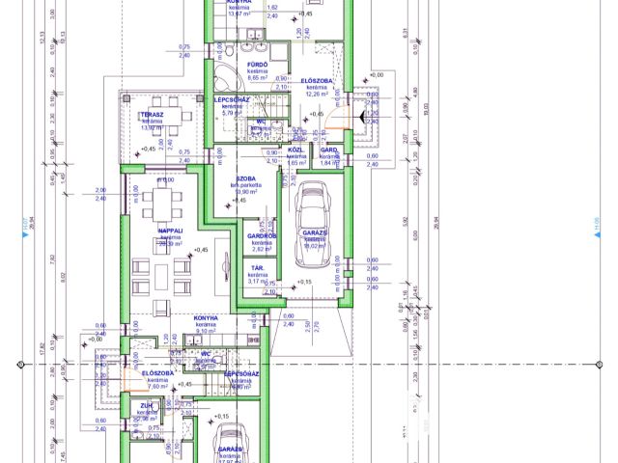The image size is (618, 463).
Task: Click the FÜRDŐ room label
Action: (x=257, y=64)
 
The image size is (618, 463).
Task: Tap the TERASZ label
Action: (x=151, y=114)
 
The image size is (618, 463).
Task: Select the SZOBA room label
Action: (x=246, y=178)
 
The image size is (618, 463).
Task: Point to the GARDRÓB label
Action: (x=263, y=234)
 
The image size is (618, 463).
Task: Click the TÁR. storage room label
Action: (x=258, y=267)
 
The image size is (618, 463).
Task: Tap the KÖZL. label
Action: (x=297, y=150)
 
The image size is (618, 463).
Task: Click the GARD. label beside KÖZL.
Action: (x=328, y=150)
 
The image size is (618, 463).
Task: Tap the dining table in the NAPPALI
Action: (x=162, y=204)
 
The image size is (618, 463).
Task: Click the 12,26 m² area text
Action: (x=318, y=94)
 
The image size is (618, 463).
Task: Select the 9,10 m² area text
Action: (x=207, y=332)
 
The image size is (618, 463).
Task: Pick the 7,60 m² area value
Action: (x=158, y=386)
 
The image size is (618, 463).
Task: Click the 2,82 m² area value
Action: (x=263, y=248)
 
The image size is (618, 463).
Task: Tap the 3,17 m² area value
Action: (x=258, y=282)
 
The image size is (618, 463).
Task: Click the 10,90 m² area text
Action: (x=248, y=192)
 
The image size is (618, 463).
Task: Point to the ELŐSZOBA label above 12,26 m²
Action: (x=317, y=80)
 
